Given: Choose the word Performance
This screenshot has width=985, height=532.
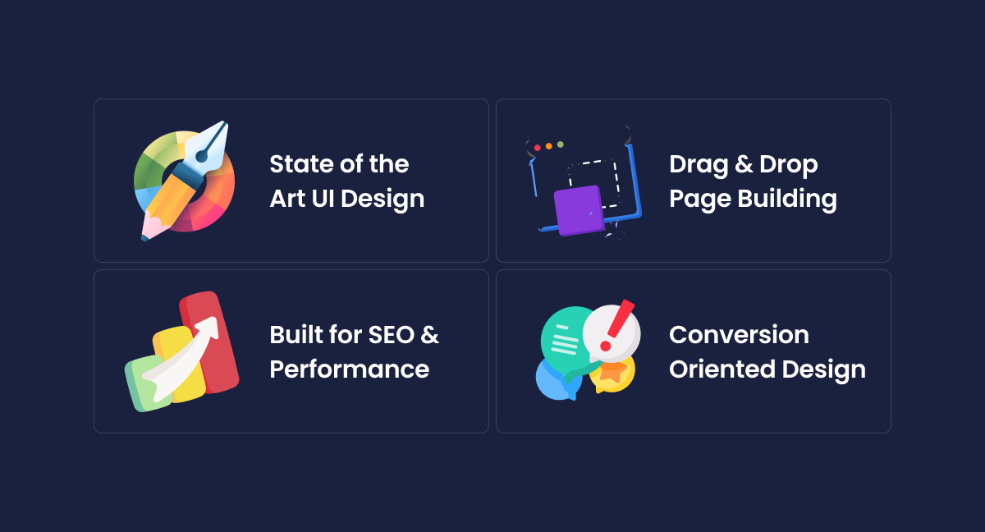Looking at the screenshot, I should coord(349,369).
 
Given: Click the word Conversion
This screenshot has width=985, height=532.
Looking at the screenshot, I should coord(739,335).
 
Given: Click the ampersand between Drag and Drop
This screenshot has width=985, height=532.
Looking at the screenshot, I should coord(744,165).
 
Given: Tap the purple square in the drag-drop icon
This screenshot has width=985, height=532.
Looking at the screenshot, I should coord(579,210).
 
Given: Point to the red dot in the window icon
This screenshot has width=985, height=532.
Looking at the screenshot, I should coord(538,148).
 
